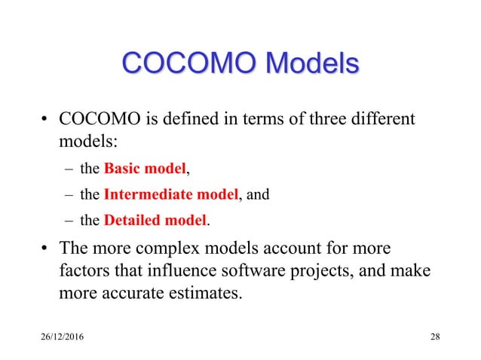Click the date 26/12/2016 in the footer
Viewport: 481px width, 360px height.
[x=64, y=335]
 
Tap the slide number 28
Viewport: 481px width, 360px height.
[x=435, y=335]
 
